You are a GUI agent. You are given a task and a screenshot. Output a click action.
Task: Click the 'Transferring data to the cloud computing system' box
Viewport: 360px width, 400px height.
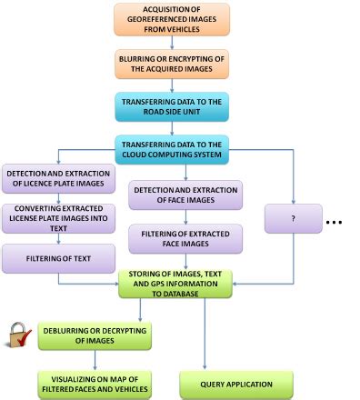pos(171,149)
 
